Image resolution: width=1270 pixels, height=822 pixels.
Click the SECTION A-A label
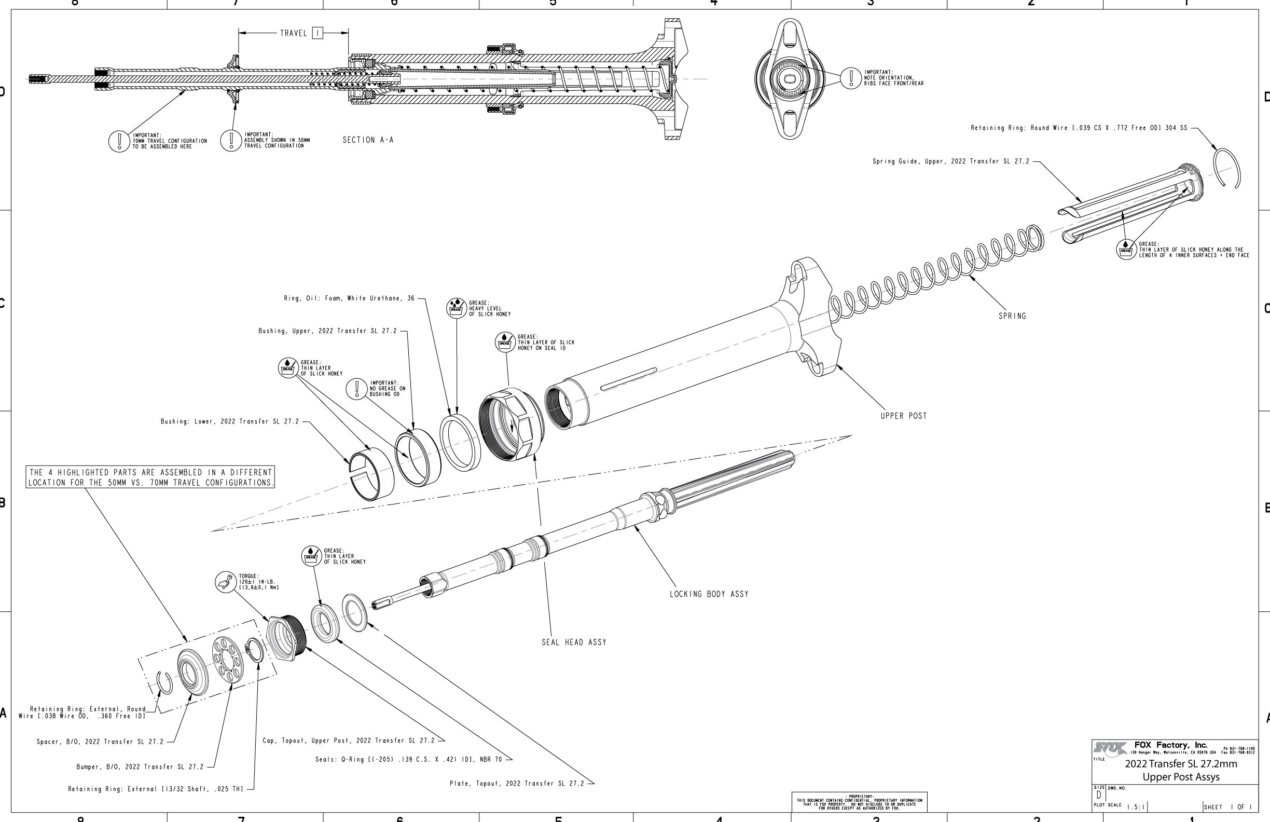click(368, 140)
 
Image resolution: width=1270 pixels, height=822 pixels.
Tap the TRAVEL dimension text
click(294, 33)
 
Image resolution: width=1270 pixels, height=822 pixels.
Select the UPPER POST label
click(903, 416)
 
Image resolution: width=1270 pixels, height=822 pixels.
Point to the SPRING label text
click(1012, 316)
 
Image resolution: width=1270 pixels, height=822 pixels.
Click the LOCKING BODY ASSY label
click(709, 594)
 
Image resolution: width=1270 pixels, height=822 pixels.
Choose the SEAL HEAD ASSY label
click(574, 642)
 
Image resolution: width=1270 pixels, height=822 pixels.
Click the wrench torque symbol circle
click(226, 582)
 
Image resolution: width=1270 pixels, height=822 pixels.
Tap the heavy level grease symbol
click(455, 309)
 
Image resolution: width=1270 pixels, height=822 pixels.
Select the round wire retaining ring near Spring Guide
click(1227, 168)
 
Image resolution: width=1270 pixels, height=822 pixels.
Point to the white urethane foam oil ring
click(460, 443)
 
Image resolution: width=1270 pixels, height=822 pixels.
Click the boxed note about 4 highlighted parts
click(150, 477)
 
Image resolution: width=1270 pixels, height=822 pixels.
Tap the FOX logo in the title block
click(1110, 748)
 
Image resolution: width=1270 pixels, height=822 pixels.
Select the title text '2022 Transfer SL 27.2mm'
click(1180, 764)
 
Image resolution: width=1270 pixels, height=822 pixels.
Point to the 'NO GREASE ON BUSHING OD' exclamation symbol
click(356, 389)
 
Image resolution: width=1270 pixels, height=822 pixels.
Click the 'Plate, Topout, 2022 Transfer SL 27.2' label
click(517, 784)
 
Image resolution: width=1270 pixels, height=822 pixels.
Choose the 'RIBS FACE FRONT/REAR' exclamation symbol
click(851, 78)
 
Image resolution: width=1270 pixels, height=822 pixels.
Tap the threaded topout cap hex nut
click(286, 640)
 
